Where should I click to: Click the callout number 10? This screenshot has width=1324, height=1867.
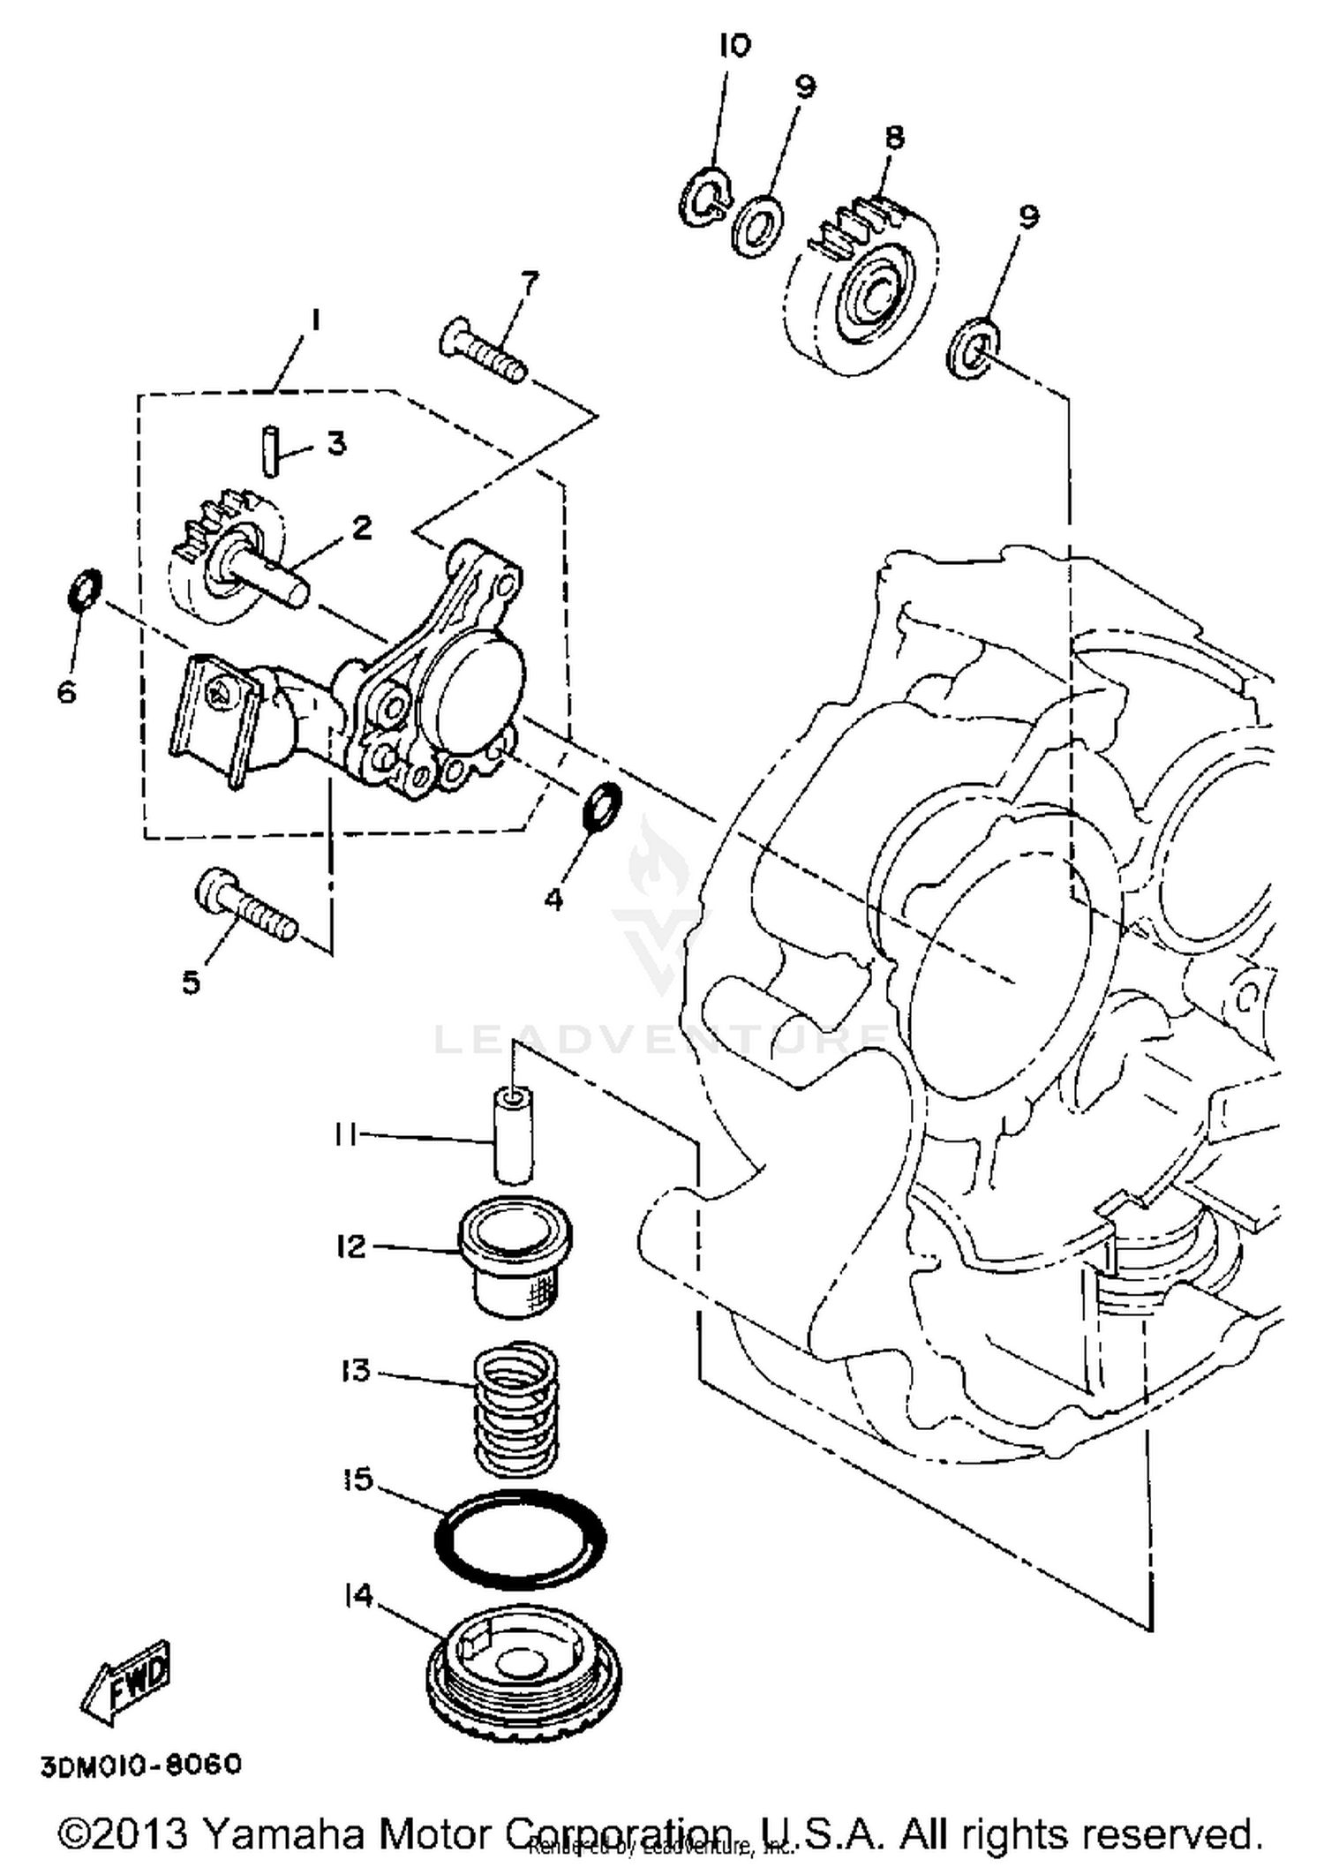[x=733, y=46]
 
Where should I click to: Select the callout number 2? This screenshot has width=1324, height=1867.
[x=362, y=528]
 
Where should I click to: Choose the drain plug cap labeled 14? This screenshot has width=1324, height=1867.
[x=524, y=1675]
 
